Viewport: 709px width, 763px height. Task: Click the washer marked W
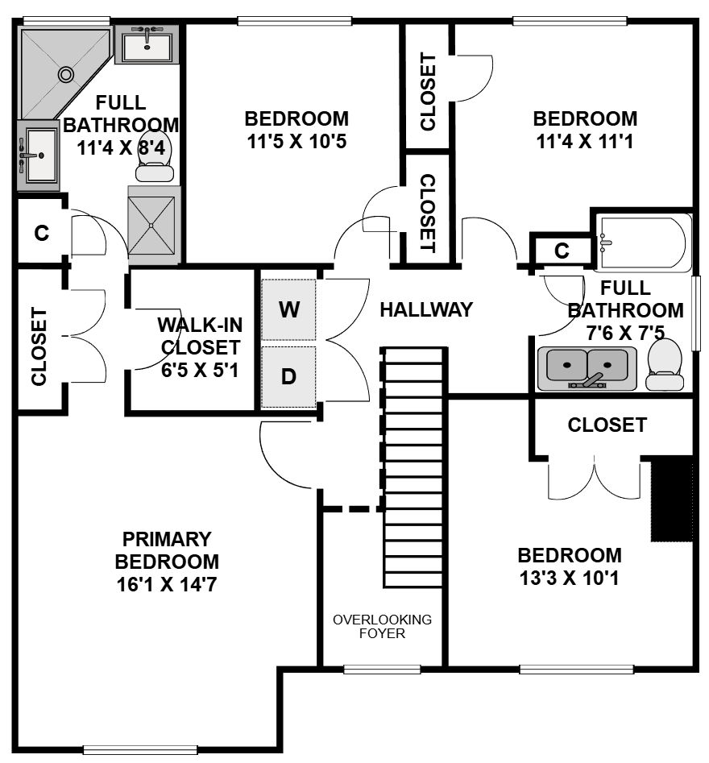coord(288,309)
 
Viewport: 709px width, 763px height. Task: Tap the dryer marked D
coord(288,376)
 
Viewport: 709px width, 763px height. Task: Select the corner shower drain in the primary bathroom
coord(66,74)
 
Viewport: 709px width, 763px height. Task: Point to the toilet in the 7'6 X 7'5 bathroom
coord(664,364)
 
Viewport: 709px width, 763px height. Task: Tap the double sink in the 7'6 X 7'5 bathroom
coord(587,368)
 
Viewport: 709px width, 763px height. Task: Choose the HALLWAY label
coord(426,309)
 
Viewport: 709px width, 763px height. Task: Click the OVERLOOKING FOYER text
coord(382,626)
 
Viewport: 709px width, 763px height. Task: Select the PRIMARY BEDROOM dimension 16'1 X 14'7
coord(167,584)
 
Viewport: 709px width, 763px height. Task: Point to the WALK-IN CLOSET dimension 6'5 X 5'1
coord(200,371)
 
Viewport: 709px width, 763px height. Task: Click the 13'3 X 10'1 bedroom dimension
coord(570,578)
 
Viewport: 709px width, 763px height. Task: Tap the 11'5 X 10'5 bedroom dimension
coord(296,142)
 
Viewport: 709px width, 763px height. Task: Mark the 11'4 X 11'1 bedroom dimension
coord(585,142)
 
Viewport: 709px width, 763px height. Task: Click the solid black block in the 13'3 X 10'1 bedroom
coord(672,498)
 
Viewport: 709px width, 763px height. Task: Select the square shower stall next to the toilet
coord(151,226)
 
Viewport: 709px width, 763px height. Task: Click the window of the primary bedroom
coord(141,750)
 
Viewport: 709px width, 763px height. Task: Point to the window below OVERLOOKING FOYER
coord(382,670)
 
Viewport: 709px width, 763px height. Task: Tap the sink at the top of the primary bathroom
coord(147,45)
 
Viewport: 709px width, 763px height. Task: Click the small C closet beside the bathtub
coord(562,251)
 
